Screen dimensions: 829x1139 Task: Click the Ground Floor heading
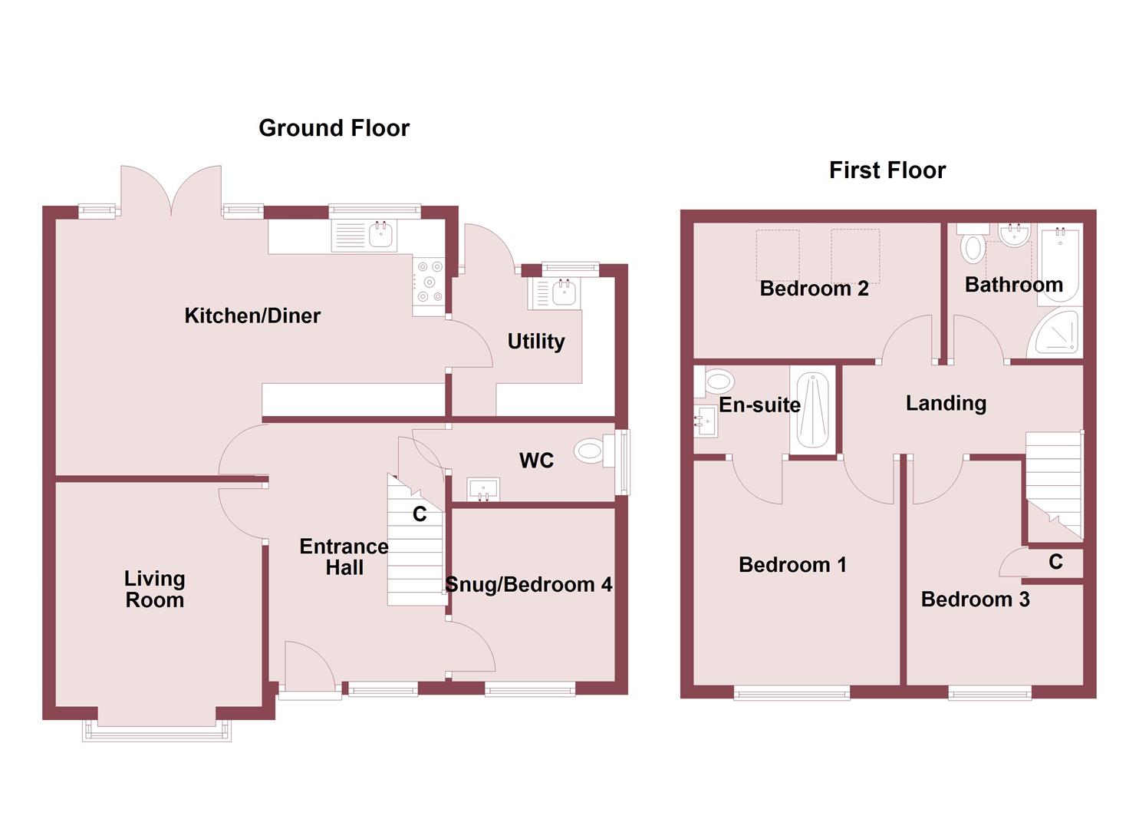coord(334,128)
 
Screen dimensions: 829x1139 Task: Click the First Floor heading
coord(887,170)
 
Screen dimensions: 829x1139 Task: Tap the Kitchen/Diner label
coord(252,315)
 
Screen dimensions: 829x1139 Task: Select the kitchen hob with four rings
coord(430,282)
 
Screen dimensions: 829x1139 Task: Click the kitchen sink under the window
coord(381,234)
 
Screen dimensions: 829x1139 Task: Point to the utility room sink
coord(565,292)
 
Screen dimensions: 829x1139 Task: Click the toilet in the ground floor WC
coord(590,451)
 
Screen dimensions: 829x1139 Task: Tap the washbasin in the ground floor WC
coord(483,488)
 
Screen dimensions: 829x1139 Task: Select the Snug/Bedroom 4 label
coord(528,585)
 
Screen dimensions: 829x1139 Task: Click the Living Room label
coord(155,590)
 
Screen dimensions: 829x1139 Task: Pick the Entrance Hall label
coord(344,557)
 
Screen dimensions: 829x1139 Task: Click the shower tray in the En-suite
coord(812,411)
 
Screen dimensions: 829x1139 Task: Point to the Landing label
coord(946,403)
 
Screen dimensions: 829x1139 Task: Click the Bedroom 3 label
coord(975,599)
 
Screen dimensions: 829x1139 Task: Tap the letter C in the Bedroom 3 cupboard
coord(1055,563)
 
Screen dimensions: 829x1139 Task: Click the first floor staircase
coord(1054,480)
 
